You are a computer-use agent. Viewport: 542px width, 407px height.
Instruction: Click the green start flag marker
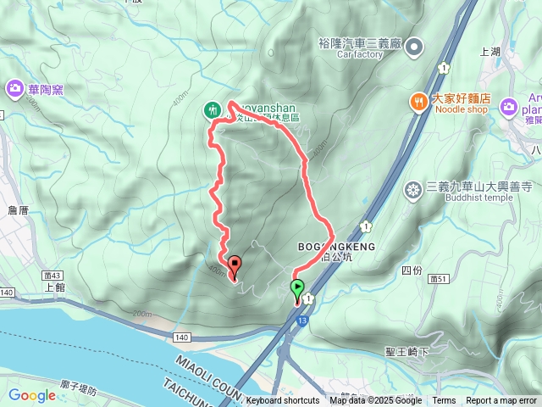pyautogui.click(x=298, y=290)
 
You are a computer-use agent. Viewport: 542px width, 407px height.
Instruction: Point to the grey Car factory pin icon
pyautogui.click(x=414, y=47)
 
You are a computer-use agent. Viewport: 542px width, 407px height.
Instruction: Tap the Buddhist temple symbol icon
pyautogui.click(x=412, y=189)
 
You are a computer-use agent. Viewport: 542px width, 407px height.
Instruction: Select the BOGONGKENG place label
pyautogui.click(x=336, y=246)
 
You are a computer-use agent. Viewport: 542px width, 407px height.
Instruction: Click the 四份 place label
pyautogui.click(x=411, y=270)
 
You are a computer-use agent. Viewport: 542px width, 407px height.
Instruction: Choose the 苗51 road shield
pyautogui.click(x=439, y=277)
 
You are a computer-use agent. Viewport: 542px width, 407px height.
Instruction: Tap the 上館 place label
pyautogui.click(x=54, y=287)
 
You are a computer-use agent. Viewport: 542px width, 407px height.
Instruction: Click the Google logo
pyautogui.click(x=31, y=395)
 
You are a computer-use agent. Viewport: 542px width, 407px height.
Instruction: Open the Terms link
pyautogui.click(x=444, y=401)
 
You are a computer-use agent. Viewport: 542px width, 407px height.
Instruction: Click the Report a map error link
pyautogui.click(x=501, y=401)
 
